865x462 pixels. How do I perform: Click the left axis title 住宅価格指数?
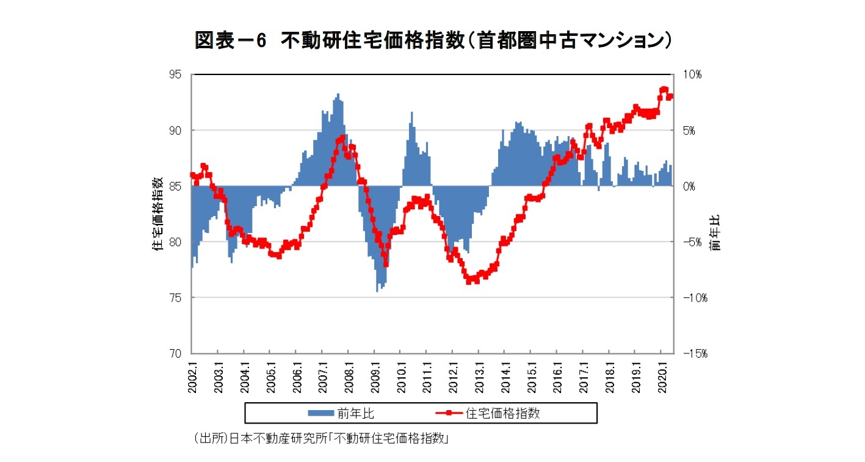point(157,214)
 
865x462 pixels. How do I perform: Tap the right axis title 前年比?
point(715,232)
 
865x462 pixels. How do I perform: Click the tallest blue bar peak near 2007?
point(338,95)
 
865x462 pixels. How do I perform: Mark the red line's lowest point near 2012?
point(469,281)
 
